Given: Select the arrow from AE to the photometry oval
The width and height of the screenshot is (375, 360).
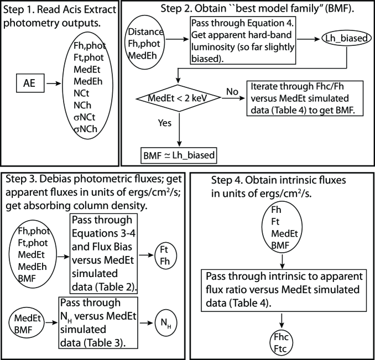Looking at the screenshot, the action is coord(54,84).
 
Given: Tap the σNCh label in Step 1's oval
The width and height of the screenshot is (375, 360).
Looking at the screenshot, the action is coord(86,129).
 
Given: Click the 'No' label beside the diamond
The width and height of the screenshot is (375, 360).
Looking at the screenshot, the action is coord(232,92).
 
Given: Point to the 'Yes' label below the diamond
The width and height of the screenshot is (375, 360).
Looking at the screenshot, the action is coord(164,123).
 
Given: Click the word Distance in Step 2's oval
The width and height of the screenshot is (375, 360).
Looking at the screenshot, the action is coord(145,32).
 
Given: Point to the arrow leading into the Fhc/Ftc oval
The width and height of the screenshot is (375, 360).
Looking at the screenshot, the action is coord(282,321).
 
